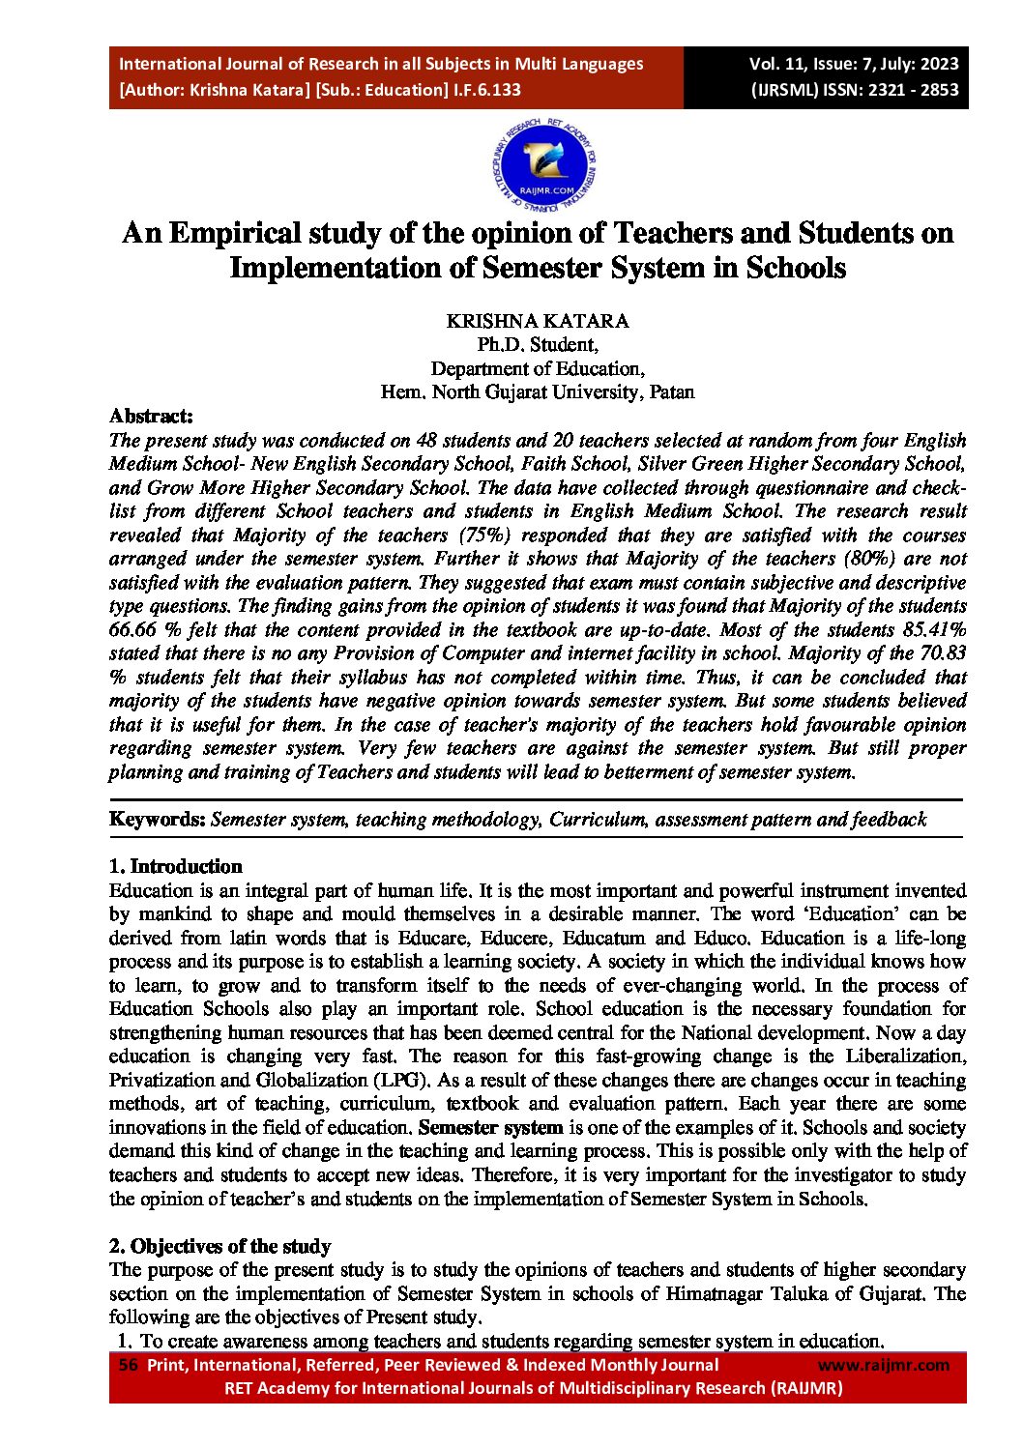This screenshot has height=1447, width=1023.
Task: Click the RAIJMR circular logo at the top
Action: pos(545,167)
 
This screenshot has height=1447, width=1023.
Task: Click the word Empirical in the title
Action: pos(235,234)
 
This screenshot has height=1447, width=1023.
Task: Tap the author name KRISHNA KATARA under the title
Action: pos(538,321)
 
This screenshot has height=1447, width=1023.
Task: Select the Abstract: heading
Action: pos(151,417)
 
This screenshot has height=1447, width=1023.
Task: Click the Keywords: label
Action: pos(158,820)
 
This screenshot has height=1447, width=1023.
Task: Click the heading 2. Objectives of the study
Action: pos(219,1246)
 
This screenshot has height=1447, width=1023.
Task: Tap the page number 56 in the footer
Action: pos(128,1365)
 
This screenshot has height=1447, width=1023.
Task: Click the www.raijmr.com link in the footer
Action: pos(884,1365)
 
